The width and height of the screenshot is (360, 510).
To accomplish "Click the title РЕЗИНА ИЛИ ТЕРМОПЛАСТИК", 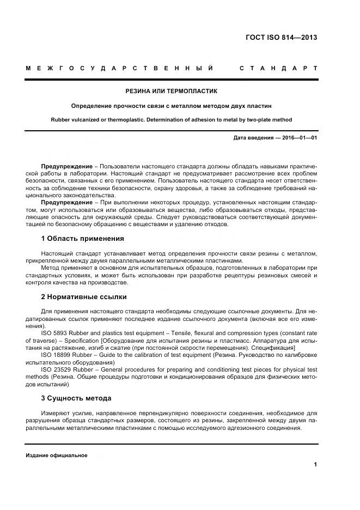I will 171,91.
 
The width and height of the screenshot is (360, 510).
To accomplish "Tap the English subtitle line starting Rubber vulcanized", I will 171,119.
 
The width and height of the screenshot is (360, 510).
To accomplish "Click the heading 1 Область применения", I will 82,238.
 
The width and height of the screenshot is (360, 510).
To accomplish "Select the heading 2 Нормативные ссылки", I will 83,297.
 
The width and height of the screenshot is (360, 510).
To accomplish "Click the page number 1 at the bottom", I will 315,464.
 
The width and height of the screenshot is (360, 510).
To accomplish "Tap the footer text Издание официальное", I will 57,456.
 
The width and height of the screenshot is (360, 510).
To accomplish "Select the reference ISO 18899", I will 56,354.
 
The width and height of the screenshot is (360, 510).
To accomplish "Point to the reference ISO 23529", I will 56,368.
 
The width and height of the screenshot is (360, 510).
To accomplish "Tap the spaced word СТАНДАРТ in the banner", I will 278,68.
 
